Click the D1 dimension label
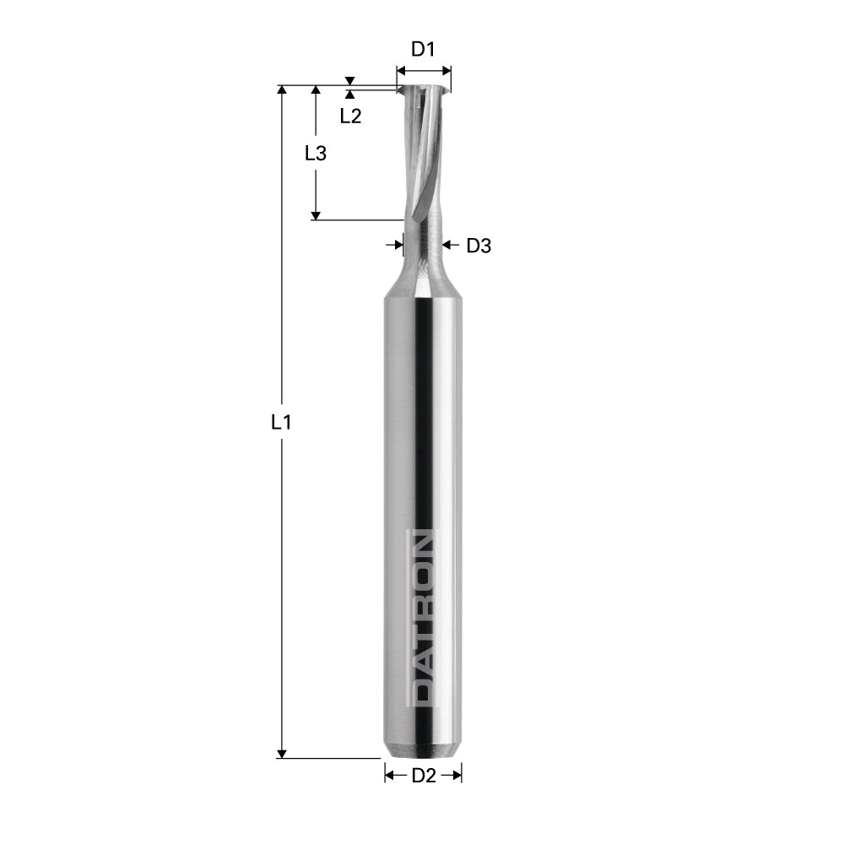click(x=423, y=49)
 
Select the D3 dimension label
click(x=479, y=246)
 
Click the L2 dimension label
click(x=350, y=116)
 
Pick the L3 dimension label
click(x=315, y=154)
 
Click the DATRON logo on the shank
click(x=423, y=617)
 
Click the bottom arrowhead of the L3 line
click(x=315, y=214)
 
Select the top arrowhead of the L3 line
click(x=315, y=90)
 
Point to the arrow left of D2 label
click(x=391, y=776)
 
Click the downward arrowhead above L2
click(x=350, y=81)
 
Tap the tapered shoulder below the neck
click(x=423, y=283)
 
